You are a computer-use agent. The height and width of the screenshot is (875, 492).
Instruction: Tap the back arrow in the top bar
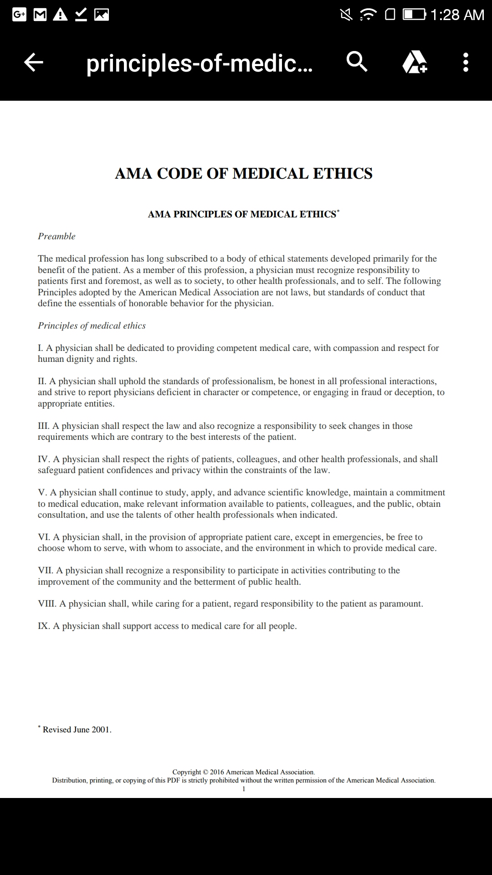[x=33, y=62]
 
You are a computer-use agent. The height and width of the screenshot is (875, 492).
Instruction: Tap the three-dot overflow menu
[x=465, y=62]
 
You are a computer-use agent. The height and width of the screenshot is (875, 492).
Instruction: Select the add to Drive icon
[x=415, y=62]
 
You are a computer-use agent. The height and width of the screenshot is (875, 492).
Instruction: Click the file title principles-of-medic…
[x=200, y=63]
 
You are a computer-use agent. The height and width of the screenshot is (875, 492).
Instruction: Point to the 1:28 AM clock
[x=457, y=15]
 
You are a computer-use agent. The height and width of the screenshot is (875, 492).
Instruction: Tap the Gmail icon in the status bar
[x=40, y=15]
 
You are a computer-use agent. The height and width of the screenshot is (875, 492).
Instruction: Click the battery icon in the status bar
[x=414, y=15]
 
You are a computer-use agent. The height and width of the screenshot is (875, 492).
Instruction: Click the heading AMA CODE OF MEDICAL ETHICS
[x=244, y=174]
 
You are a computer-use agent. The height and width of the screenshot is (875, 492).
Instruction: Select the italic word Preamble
[x=56, y=236]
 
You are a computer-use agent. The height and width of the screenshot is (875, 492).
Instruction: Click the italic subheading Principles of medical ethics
[x=92, y=326]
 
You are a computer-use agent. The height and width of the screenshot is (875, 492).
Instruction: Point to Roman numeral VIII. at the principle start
[x=47, y=604]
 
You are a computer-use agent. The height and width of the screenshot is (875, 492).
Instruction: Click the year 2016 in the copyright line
[x=217, y=772]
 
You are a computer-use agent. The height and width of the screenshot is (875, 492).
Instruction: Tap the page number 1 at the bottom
[x=244, y=789]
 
